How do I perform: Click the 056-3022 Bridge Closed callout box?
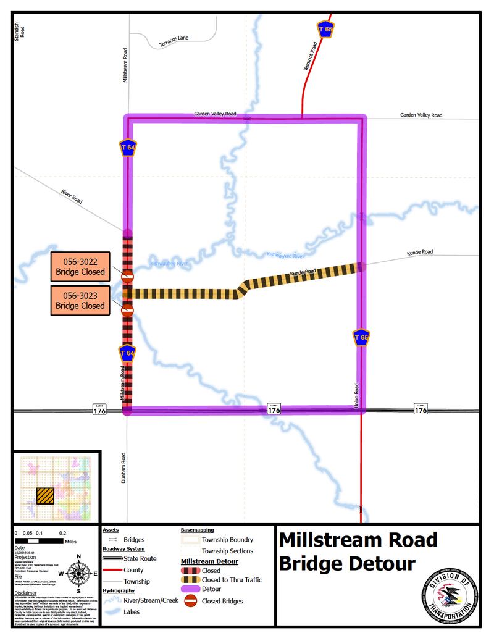tap(80, 267)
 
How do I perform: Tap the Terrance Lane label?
tap(174, 41)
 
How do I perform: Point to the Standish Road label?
tap(19, 31)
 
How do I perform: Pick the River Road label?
tap(72, 197)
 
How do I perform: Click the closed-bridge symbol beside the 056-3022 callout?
tap(128, 277)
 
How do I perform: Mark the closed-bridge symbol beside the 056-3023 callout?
tap(128, 310)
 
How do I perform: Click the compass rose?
tap(78, 574)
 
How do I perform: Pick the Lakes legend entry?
tap(131, 612)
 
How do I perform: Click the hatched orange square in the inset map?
tap(44, 496)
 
